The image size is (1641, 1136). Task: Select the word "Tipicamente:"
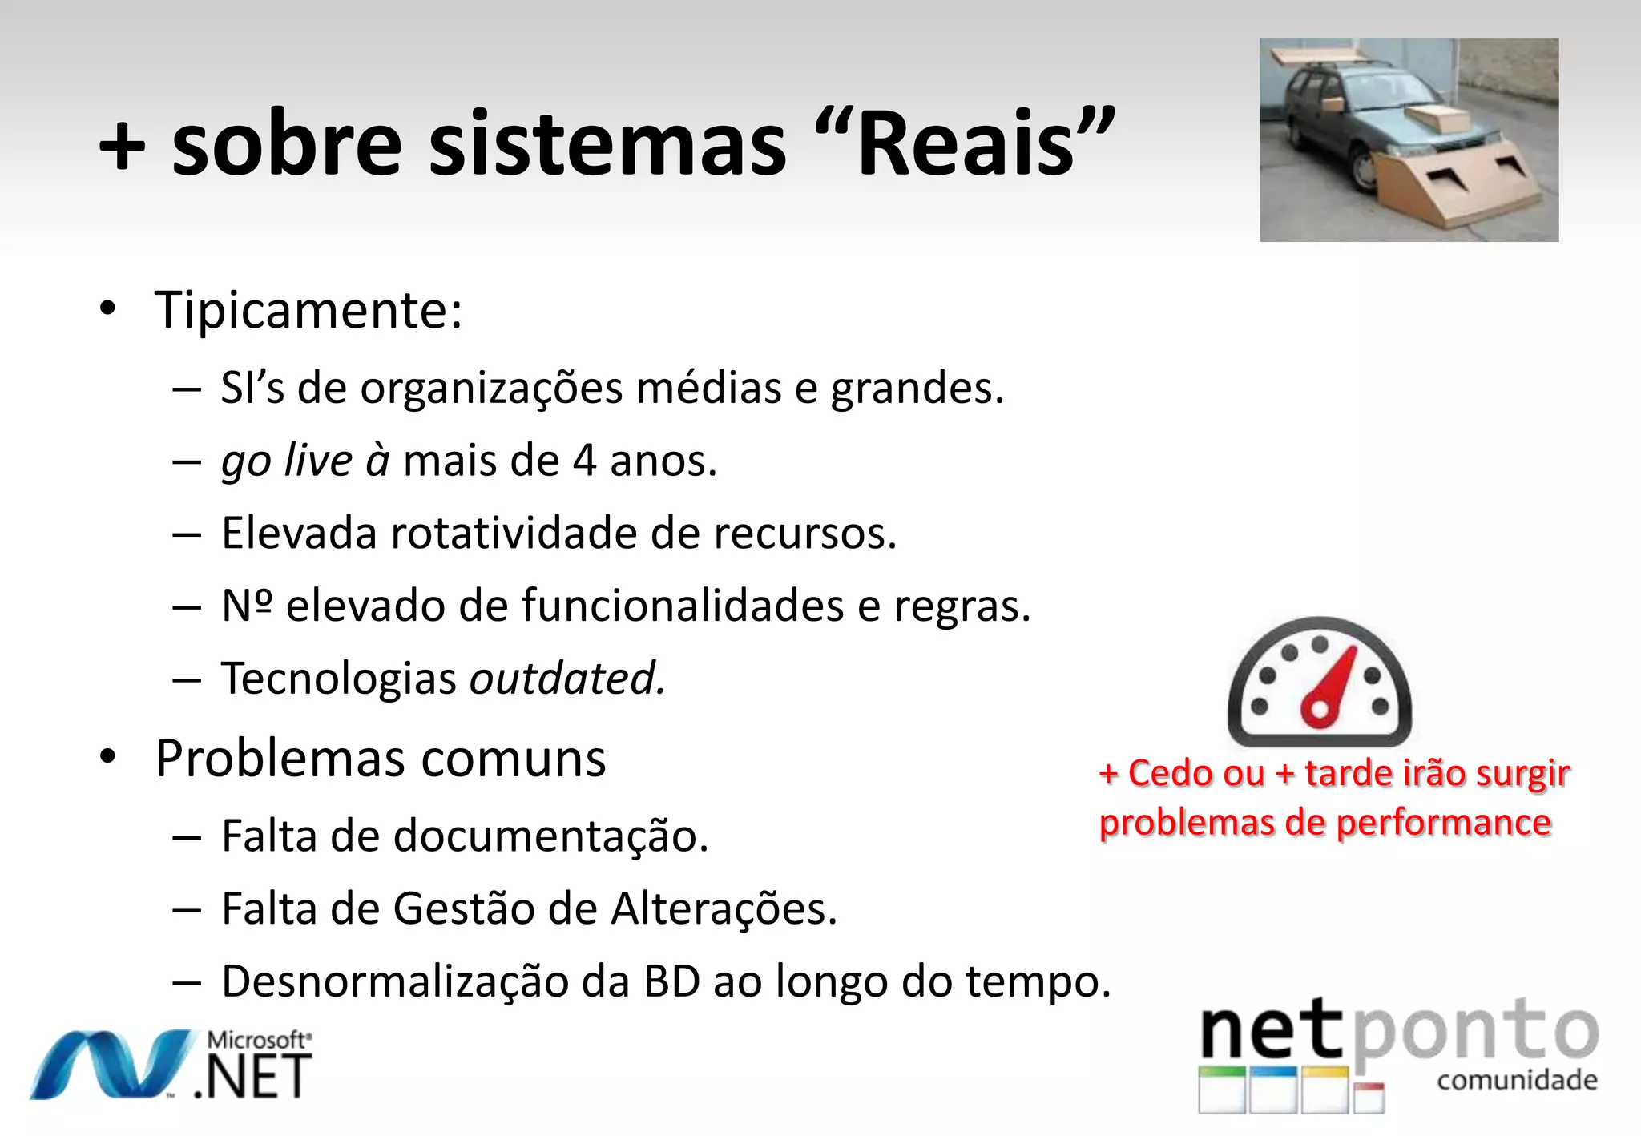pos(308,311)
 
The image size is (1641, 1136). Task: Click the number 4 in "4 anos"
pos(585,461)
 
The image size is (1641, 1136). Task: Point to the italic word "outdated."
pos(567,679)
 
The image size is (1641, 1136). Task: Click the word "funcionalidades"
pos(683,606)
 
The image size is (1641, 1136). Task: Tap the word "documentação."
pos(551,836)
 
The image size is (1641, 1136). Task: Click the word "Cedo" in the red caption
pos(1195,774)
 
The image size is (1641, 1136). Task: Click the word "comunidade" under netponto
pos(1517,1081)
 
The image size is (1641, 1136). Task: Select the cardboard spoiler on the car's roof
pos(1319,57)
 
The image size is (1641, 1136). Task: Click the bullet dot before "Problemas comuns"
pos(108,757)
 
